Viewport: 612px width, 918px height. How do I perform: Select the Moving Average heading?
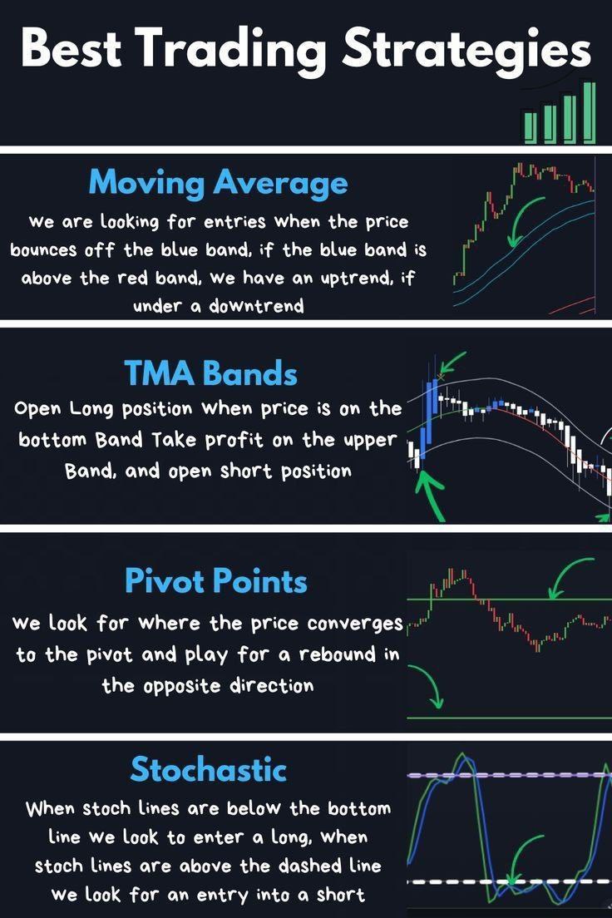[219, 183]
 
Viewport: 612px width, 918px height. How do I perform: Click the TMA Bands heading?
[211, 373]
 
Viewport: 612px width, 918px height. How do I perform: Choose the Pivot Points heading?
[216, 580]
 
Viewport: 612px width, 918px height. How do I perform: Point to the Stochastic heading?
[209, 768]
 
